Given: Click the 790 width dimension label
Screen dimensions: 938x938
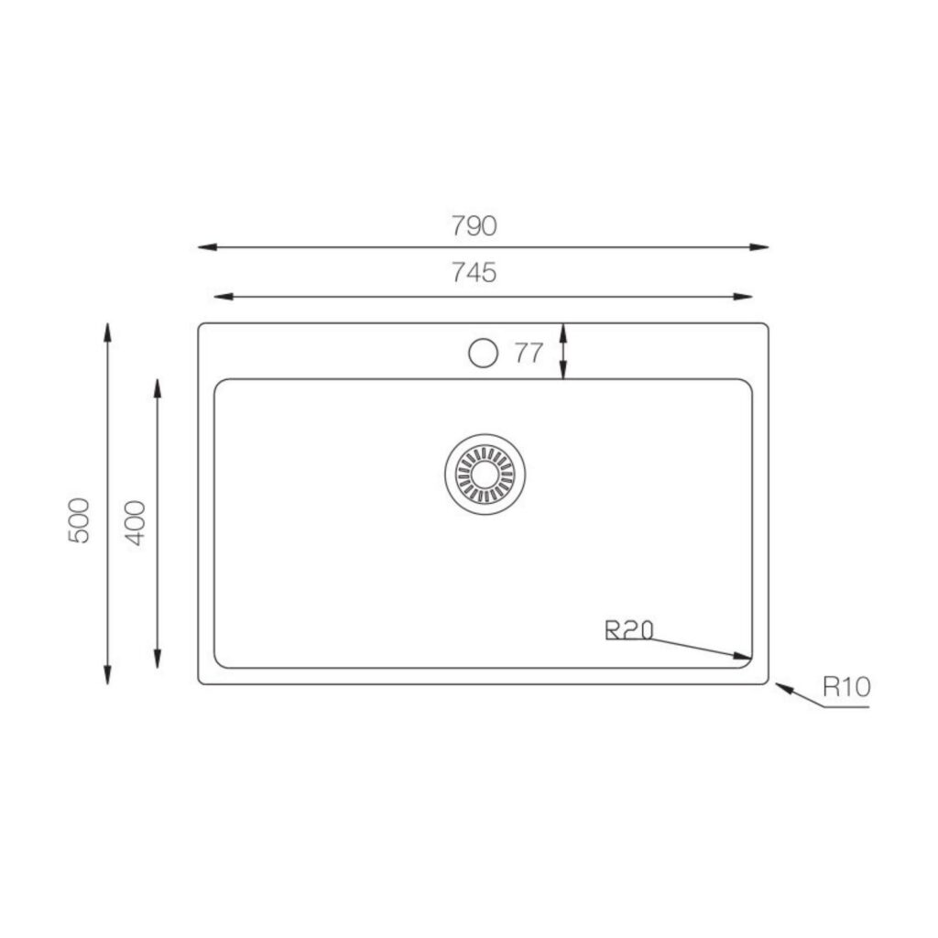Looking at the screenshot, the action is (x=474, y=226).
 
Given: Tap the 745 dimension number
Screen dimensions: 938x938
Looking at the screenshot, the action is (x=474, y=273).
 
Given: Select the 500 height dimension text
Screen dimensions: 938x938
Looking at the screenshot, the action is (x=79, y=520).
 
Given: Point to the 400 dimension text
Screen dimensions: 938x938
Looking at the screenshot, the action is (x=135, y=523).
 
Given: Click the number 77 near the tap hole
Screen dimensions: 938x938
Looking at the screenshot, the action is (x=529, y=353).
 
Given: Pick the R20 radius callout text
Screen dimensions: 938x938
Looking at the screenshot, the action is (x=629, y=630).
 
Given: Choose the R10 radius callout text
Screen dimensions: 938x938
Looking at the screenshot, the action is (x=846, y=687).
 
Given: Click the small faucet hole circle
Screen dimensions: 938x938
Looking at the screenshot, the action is (x=483, y=353).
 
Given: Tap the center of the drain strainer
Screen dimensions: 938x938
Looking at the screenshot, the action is (x=485, y=474).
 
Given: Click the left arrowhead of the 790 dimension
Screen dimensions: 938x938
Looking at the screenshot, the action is (x=207, y=247).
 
